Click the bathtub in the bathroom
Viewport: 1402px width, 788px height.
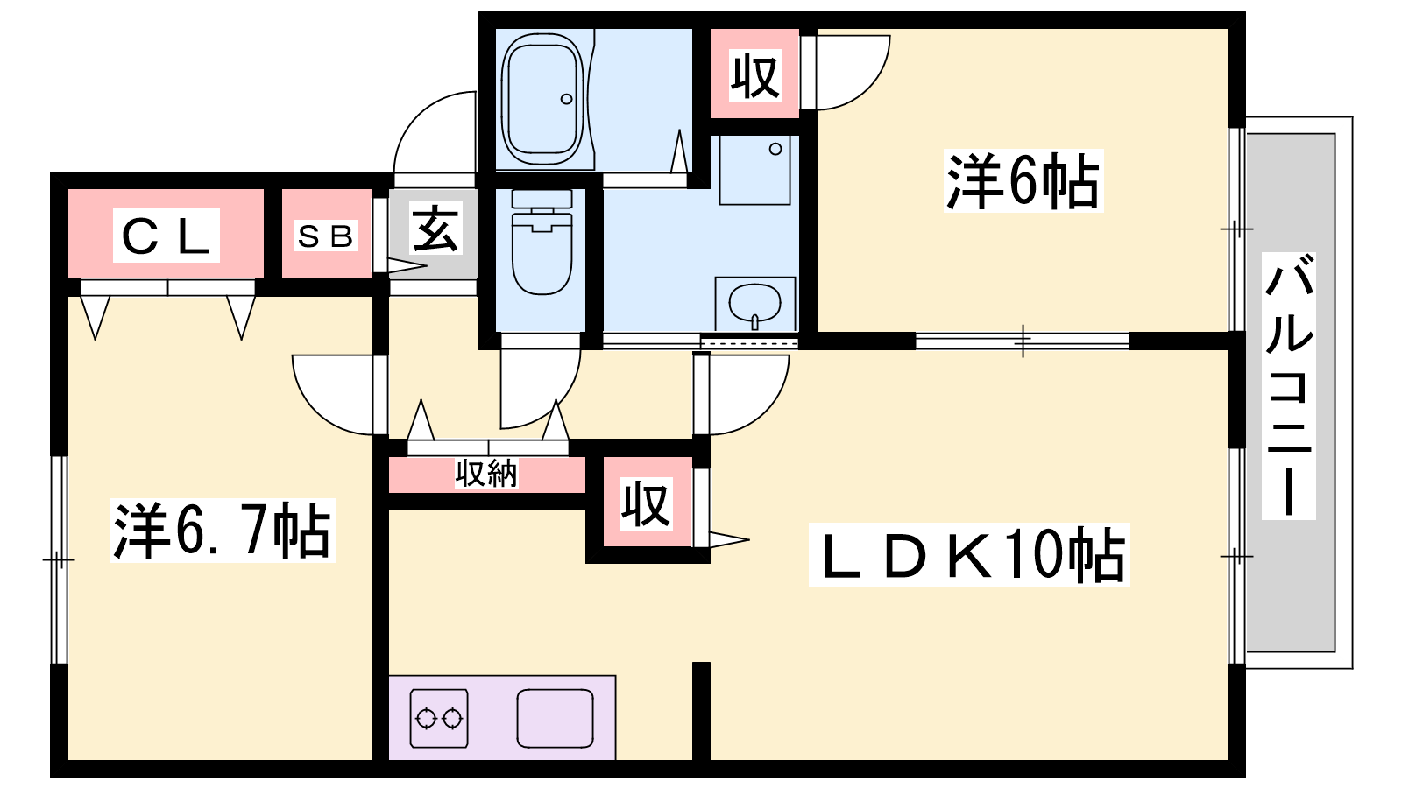[x=542, y=99]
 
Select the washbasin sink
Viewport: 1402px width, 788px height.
[x=754, y=303]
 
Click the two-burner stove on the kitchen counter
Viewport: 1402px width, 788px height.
[x=439, y=719]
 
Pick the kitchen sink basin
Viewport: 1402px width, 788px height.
[x=556, y=719]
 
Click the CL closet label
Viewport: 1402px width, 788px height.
[x=166, y=236]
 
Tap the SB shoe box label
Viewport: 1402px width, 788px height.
[x=325, y=236]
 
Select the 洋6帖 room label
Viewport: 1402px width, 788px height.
[x=1023, y=180]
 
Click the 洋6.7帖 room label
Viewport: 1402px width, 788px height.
[x=223, y=531]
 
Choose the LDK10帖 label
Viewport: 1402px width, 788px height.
[x=969, y=555]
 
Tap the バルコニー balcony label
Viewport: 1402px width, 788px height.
[x=1289, y=386]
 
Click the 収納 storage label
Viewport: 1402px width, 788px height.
[x=486, y=474]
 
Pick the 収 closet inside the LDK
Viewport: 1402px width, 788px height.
[x=647, y=503]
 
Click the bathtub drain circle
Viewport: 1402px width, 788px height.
[x=566, y=99]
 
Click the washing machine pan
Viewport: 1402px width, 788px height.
[x=754, y=170]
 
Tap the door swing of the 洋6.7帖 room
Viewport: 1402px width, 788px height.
[x=333, y=395]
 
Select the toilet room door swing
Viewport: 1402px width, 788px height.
[x=540, y=389]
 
